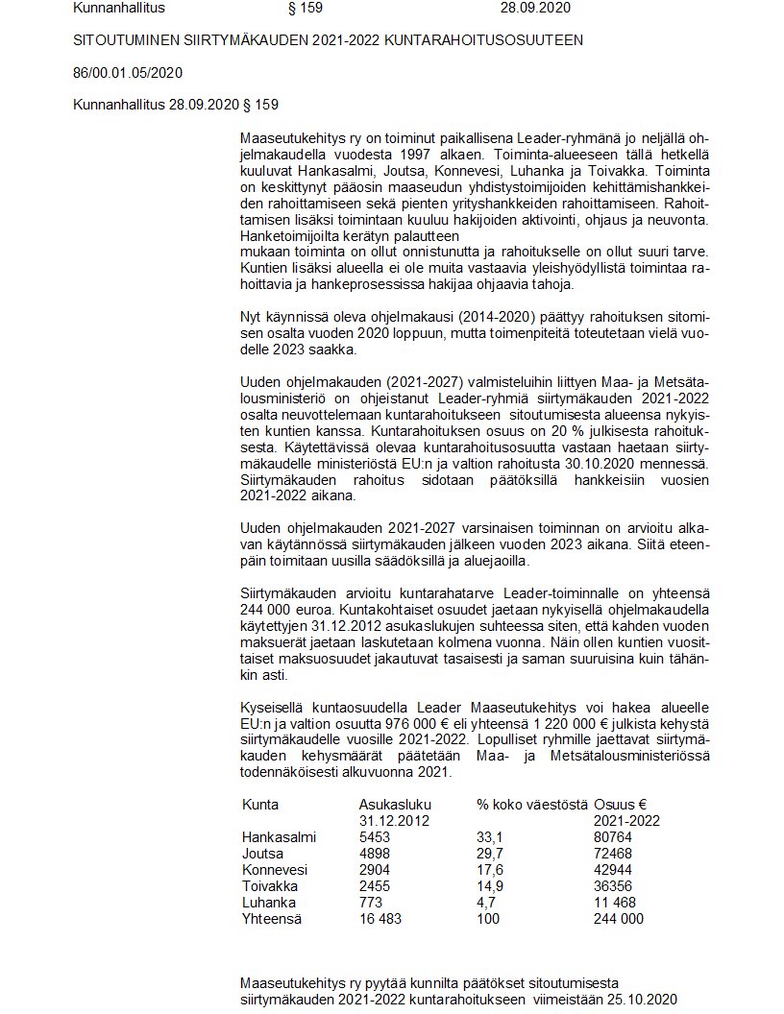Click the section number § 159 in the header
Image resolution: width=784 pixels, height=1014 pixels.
(x=306, y=8)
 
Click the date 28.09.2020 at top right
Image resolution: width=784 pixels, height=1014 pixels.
(x=535, y=8)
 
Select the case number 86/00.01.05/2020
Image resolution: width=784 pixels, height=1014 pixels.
(x=128, y=73)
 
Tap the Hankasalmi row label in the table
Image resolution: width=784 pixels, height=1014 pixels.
(x=279, y=837)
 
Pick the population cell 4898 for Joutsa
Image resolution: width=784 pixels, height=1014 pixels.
(x=376, y=854)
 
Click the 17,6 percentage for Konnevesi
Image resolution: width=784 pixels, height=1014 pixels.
(x=490, y=870)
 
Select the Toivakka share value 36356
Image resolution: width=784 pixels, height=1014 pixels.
(x=615, y=886)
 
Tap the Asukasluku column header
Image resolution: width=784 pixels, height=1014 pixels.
(x=395, y=804)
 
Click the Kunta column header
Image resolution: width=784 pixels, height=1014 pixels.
(x=260, y=804)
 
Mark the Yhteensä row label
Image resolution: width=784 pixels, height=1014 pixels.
(x=272, y=919)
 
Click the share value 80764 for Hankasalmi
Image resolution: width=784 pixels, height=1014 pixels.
(x=615, y=837)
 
